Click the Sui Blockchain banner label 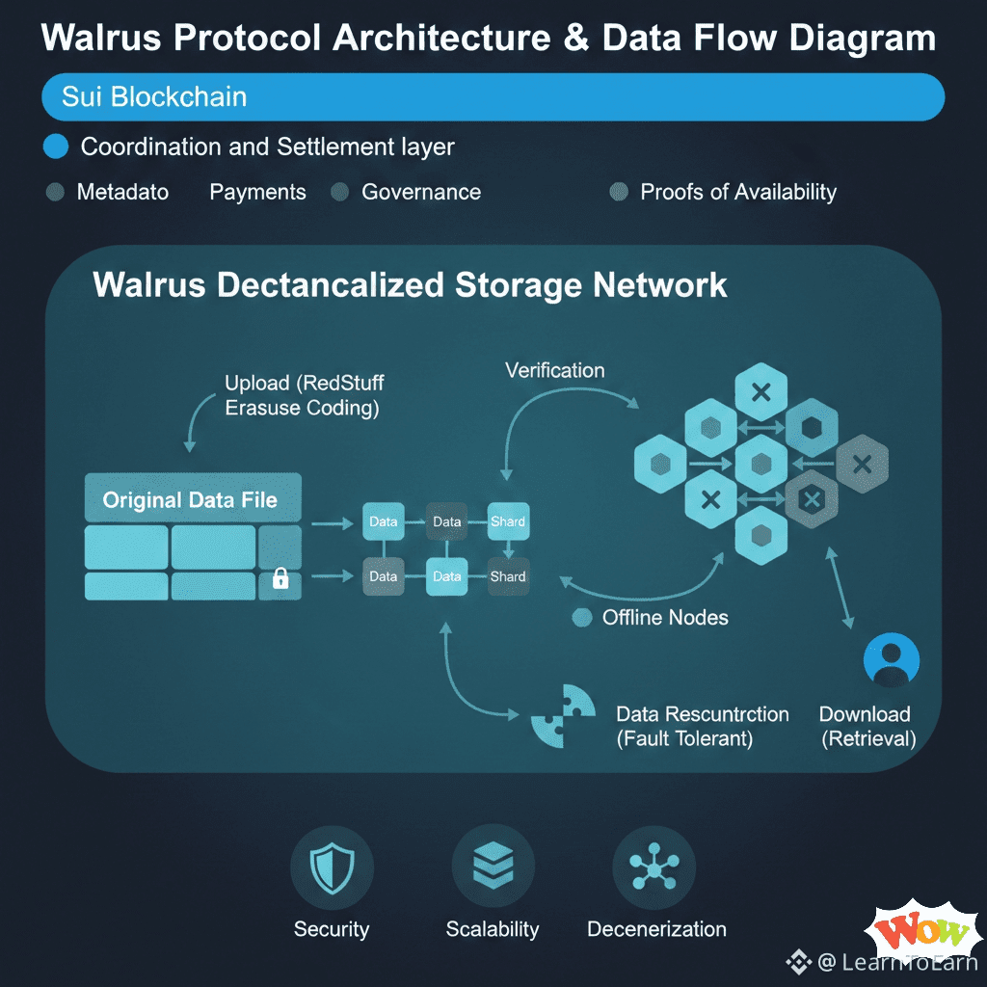(154, 97)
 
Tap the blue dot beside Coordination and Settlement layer (57, 147)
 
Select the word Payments (257, 192)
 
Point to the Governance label (420, 192)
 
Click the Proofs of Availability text (737, 192)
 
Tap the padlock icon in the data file (280, 578)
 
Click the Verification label (555, 370)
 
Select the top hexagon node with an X (760, 393)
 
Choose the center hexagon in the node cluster (760, 465)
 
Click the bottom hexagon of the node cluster (760, 535)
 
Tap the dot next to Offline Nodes (581, 618)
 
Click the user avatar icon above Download (892, 661)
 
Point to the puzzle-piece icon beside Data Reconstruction (563, 715)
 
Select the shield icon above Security (331, 869)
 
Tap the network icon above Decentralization (654, 869)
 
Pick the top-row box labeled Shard (507, 521)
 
